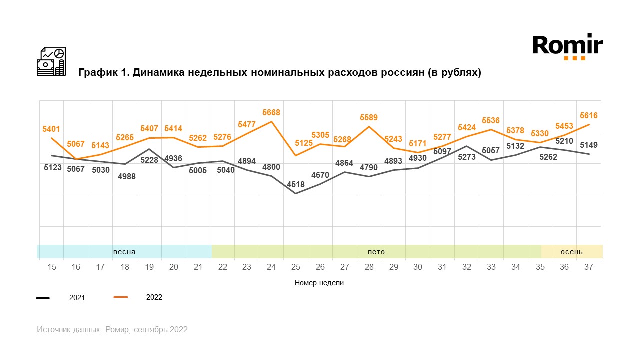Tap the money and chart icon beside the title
pos(51,61)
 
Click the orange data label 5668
pos(271,113)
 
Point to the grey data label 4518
pos(296,185)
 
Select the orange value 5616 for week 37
pos(588,116)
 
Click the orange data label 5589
pos(369,118)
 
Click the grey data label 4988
pos(125,176)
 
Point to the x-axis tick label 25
pos(295,267)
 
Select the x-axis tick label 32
pos(466,267)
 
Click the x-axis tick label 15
pos(52,267)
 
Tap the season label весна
pos(124,252)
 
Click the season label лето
pos(376,252)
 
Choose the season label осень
pos(571,252)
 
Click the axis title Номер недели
pos(319,283)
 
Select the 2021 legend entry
pos(77,298)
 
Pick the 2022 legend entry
pos(154,297)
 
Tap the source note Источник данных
pos(69,330)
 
